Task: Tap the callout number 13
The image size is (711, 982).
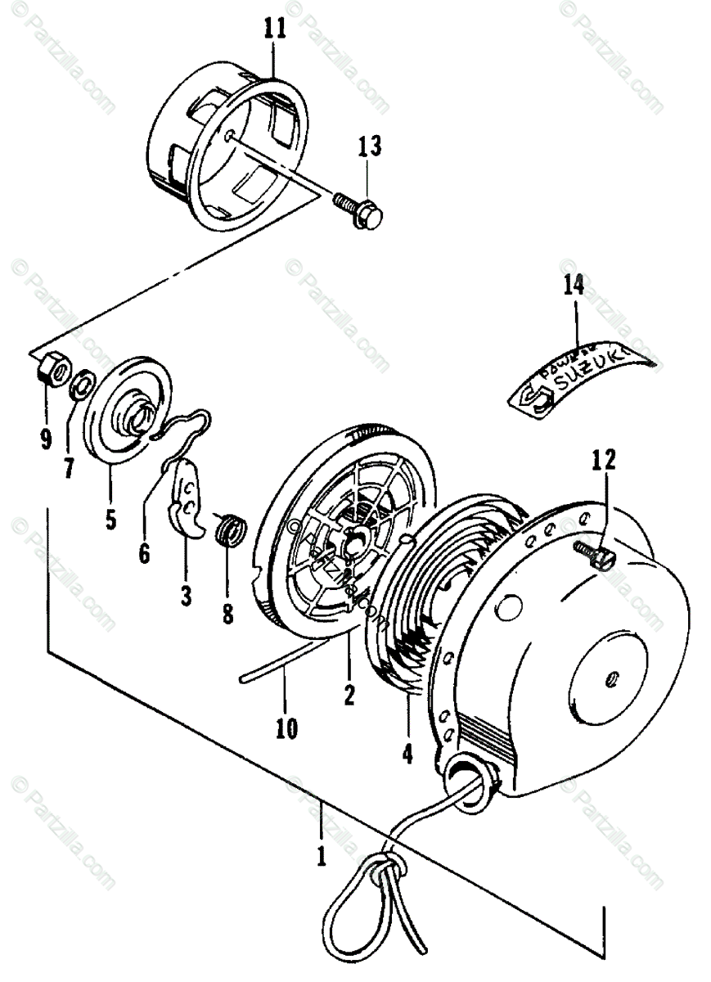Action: click(368, 148)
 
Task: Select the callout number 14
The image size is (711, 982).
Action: click(574, 286)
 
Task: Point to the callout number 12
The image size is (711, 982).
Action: click(605, 462)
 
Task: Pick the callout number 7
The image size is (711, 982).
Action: click(69, 468)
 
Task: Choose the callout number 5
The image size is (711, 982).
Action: click(110, 518)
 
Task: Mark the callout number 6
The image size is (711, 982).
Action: click(144, 554)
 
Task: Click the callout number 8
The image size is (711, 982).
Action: click(227, 613)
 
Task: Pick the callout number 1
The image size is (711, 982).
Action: click(321, 856)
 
